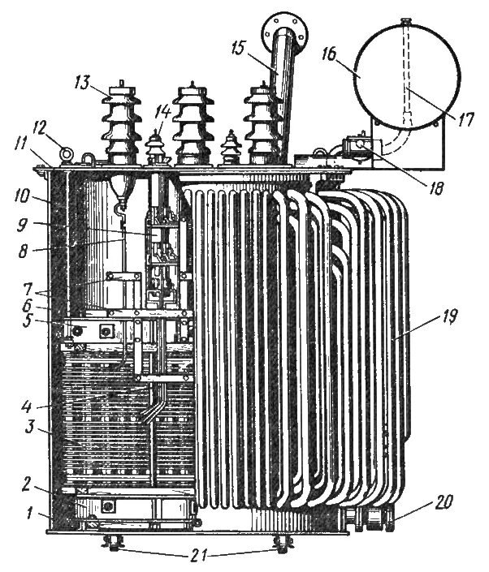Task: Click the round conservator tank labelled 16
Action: tap(398, 73)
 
